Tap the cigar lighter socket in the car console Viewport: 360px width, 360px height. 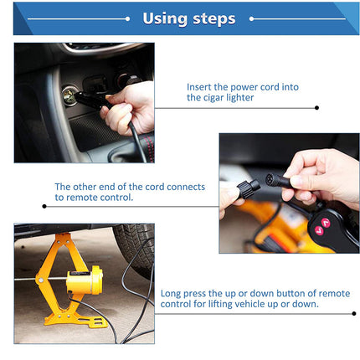coord(69,97)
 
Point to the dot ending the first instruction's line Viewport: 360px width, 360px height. coord(316,107)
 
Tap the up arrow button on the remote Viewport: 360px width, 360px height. coord(325,222)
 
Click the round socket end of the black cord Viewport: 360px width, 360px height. coord(270,177)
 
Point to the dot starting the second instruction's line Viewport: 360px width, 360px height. coord(44,205)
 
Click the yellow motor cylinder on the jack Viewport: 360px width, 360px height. coord(86,282)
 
